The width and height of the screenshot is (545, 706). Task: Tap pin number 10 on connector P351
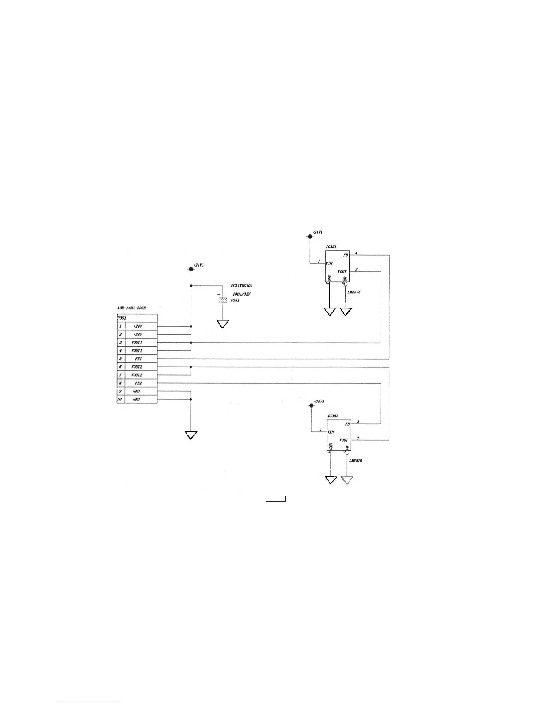point(120,399)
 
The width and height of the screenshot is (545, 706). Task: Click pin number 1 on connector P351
point(120,326)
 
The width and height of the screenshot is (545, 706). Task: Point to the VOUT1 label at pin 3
point(137,343)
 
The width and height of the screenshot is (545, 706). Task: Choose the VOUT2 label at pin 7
point(137,375)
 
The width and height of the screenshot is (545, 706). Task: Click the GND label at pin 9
point(137,391)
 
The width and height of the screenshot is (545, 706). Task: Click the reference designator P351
point(122,318)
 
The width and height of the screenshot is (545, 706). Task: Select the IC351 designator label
point(331,246)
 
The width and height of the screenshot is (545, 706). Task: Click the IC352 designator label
point(333,416)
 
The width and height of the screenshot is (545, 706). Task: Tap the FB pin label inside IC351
point(345,255)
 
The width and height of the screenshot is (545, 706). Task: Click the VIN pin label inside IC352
point(331,432)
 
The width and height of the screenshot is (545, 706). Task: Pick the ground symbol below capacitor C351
point(223,324)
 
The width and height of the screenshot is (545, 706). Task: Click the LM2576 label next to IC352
point(355,460)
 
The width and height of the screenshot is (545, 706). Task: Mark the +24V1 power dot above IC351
point(310,236)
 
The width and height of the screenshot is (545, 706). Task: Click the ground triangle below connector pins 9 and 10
point(191,435)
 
